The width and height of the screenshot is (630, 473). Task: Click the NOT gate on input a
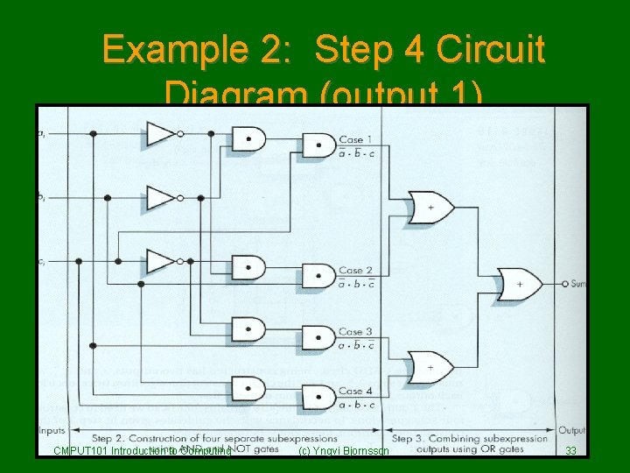[161, 133]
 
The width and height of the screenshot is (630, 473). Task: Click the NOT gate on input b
[161, 197]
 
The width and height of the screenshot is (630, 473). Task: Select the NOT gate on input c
[161, 261]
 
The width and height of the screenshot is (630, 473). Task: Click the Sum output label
[577, 284]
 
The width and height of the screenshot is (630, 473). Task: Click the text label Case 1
[355, 140]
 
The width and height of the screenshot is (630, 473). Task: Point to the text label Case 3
[355, 332]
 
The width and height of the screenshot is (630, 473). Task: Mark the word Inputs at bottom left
[52, 430]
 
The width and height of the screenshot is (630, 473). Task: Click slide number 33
[570, 451]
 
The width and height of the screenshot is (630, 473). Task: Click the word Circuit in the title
[493, 50]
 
